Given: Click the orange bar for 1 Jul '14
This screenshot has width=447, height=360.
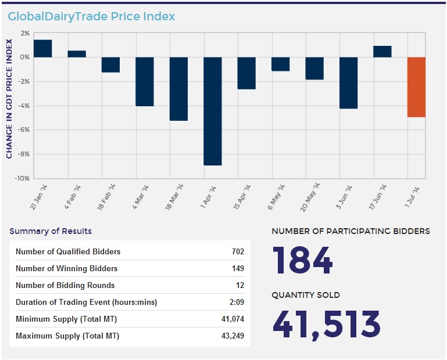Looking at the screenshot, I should [416, 87].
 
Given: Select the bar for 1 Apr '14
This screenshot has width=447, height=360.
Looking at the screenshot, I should [213, 111].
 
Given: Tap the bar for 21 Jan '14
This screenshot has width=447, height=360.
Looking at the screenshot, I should [43, 49].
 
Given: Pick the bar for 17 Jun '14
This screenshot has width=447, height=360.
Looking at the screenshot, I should [382, 52].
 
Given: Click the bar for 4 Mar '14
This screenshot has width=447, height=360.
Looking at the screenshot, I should [145, 81].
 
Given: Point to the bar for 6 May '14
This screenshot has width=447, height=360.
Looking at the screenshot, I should [281, 64].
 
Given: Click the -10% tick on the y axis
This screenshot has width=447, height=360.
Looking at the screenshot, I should [22, 178].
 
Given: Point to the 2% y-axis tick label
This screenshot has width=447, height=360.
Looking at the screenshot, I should [24, 33].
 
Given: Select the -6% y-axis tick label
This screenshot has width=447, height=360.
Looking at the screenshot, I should [23, 130].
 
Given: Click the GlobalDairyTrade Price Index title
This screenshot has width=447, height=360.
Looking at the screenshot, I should [91, 16].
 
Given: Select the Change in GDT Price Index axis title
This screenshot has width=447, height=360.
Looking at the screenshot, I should [9, 99].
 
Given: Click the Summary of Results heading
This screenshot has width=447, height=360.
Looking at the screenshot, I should [51, 231].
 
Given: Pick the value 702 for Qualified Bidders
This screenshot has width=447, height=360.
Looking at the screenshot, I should [237, 252].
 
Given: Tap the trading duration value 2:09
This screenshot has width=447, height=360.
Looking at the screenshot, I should [237, 303].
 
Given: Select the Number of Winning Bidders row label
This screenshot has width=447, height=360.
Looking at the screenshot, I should [66, 269].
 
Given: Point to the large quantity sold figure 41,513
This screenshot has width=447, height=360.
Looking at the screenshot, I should [326, 324].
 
